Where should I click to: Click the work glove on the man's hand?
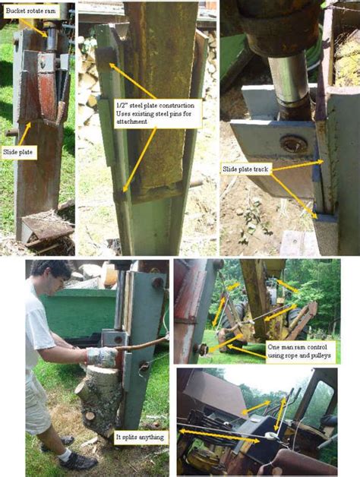click(x=101, y=356)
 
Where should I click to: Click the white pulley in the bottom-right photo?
click(x=270, y=438)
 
